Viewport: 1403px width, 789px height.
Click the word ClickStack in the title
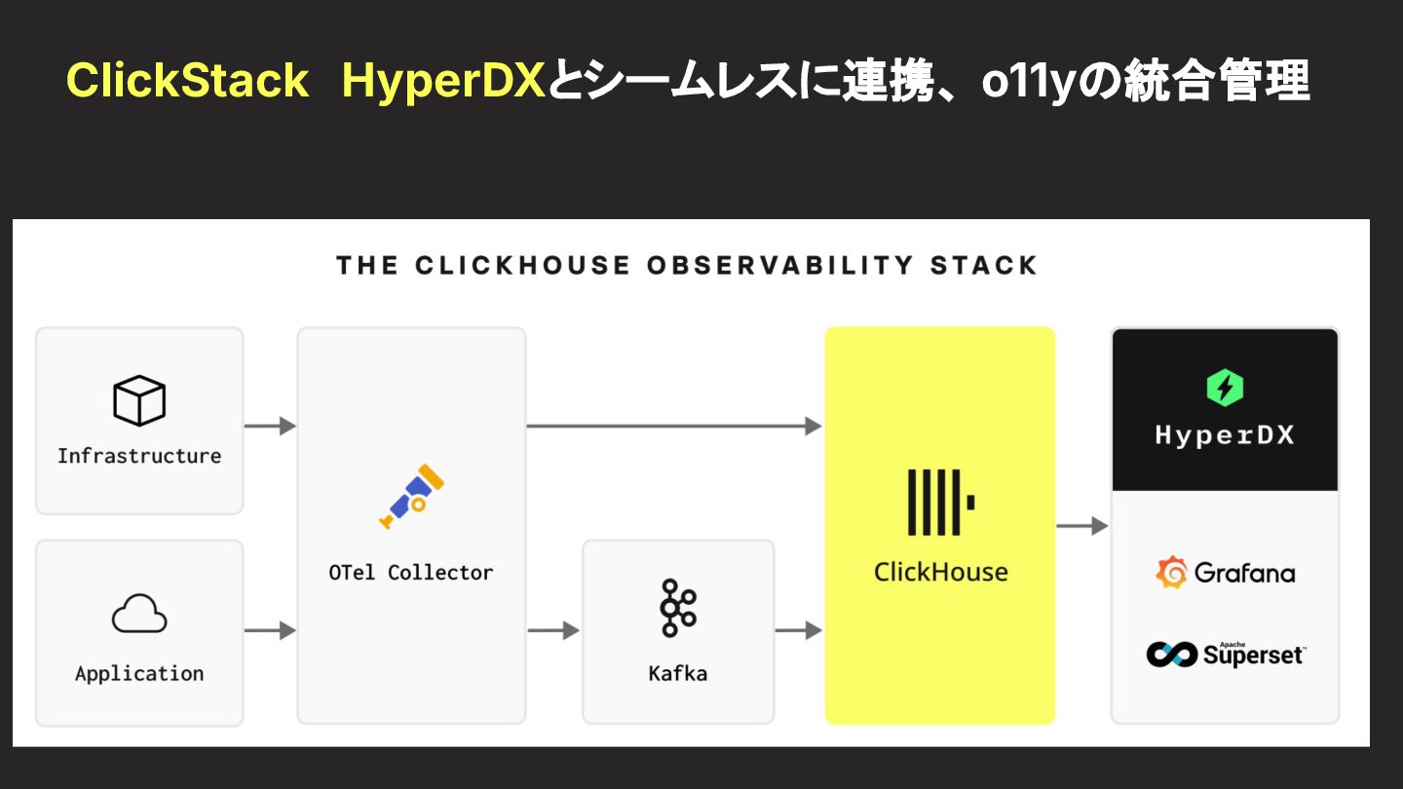click(187, 80)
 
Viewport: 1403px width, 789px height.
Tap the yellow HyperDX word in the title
click(443, 81)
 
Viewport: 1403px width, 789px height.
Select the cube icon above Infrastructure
click(139, 400)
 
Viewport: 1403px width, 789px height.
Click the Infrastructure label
click(139, 456)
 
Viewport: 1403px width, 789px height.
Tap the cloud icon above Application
click(139, 615)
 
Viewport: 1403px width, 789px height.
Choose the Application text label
click(139, 673)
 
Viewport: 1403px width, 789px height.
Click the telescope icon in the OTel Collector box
click(411, 498)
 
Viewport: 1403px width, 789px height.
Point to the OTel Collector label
click(411, 573)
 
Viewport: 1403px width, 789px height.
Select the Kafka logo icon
click(677, 608)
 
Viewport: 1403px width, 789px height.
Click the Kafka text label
click(678, 673)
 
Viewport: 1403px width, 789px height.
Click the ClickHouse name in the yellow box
click(940, 572)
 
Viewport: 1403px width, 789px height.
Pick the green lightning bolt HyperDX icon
click(1225, 389)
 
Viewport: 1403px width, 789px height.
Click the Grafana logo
click(1225, 573)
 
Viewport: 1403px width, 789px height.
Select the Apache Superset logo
click(1225, 654)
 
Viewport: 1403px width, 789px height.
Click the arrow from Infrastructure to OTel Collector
click(270, 426)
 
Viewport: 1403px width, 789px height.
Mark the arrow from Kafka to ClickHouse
click(799, 631)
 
